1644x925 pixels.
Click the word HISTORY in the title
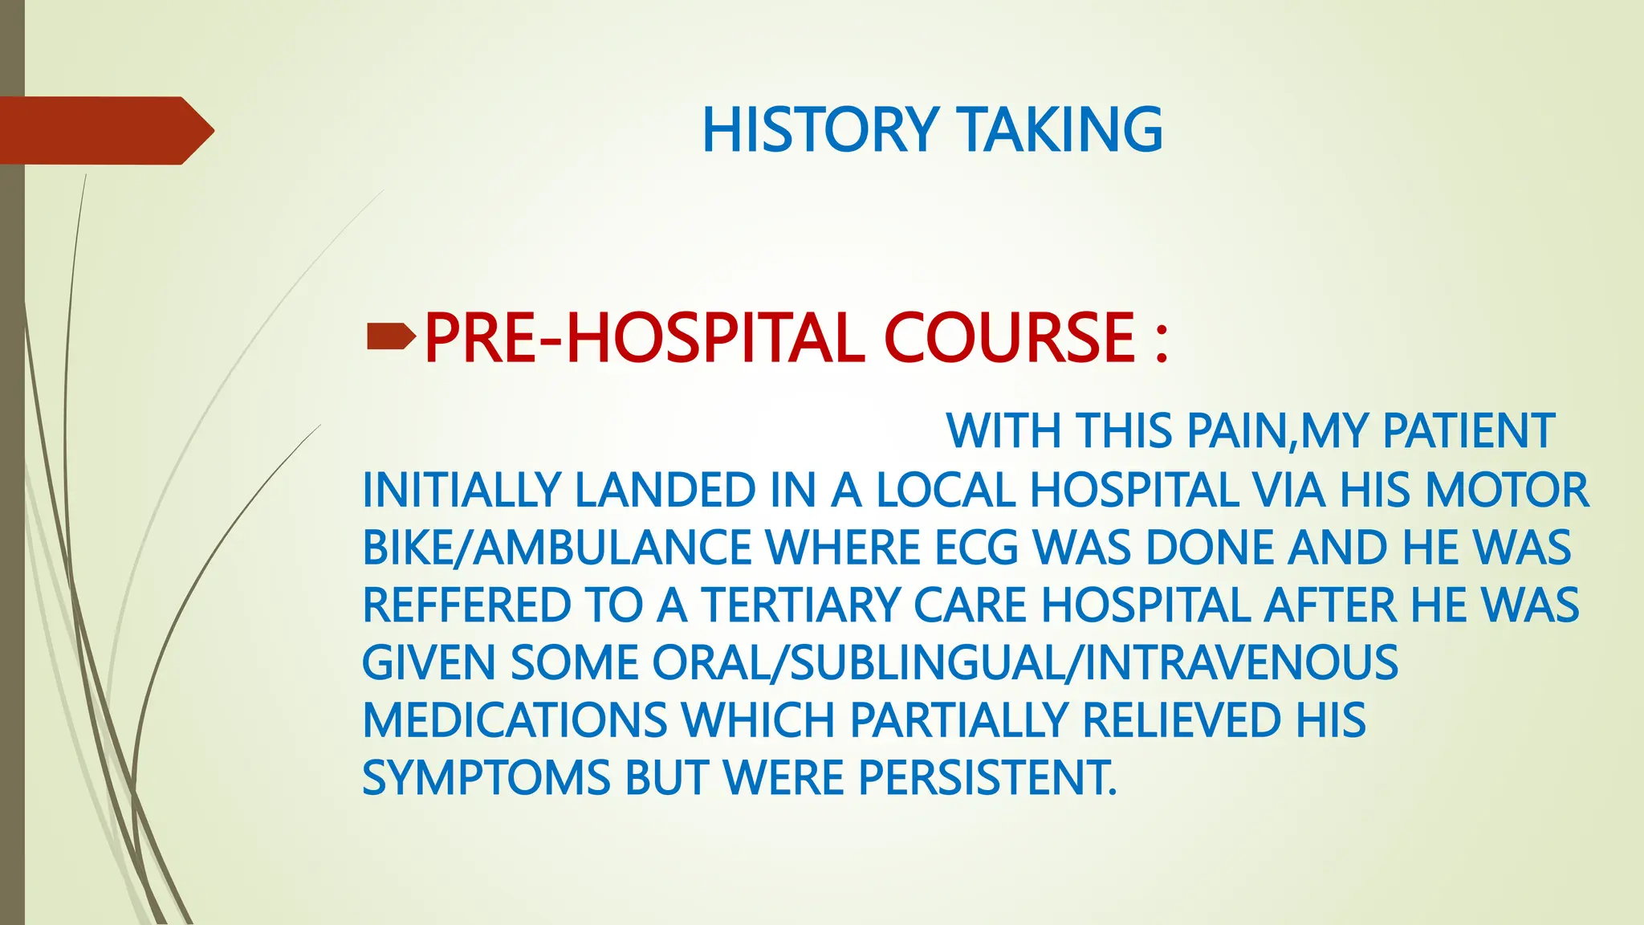coord(820,130)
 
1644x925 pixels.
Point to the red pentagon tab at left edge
coord(104,131)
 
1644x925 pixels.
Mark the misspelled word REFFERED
coord(466,605)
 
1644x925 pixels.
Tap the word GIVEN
coord(429,663)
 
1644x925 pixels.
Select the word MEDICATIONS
coord(515,720)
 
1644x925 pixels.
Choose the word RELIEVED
coord(1182,720)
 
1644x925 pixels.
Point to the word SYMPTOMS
coord(486,778)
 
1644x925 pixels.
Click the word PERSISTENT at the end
coord(987,778)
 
